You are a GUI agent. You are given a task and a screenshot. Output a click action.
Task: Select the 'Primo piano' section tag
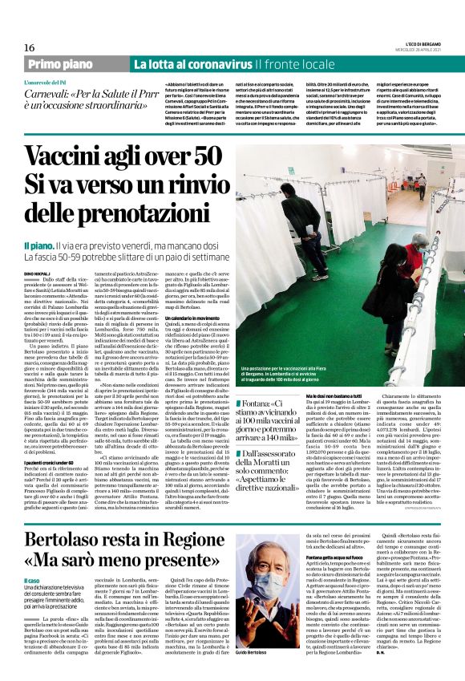click(x=73, y=64)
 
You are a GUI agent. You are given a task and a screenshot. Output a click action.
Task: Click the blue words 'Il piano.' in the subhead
click(x=41, y=244)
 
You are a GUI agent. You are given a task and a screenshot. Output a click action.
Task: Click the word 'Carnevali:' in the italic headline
click(x=50, y=95)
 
